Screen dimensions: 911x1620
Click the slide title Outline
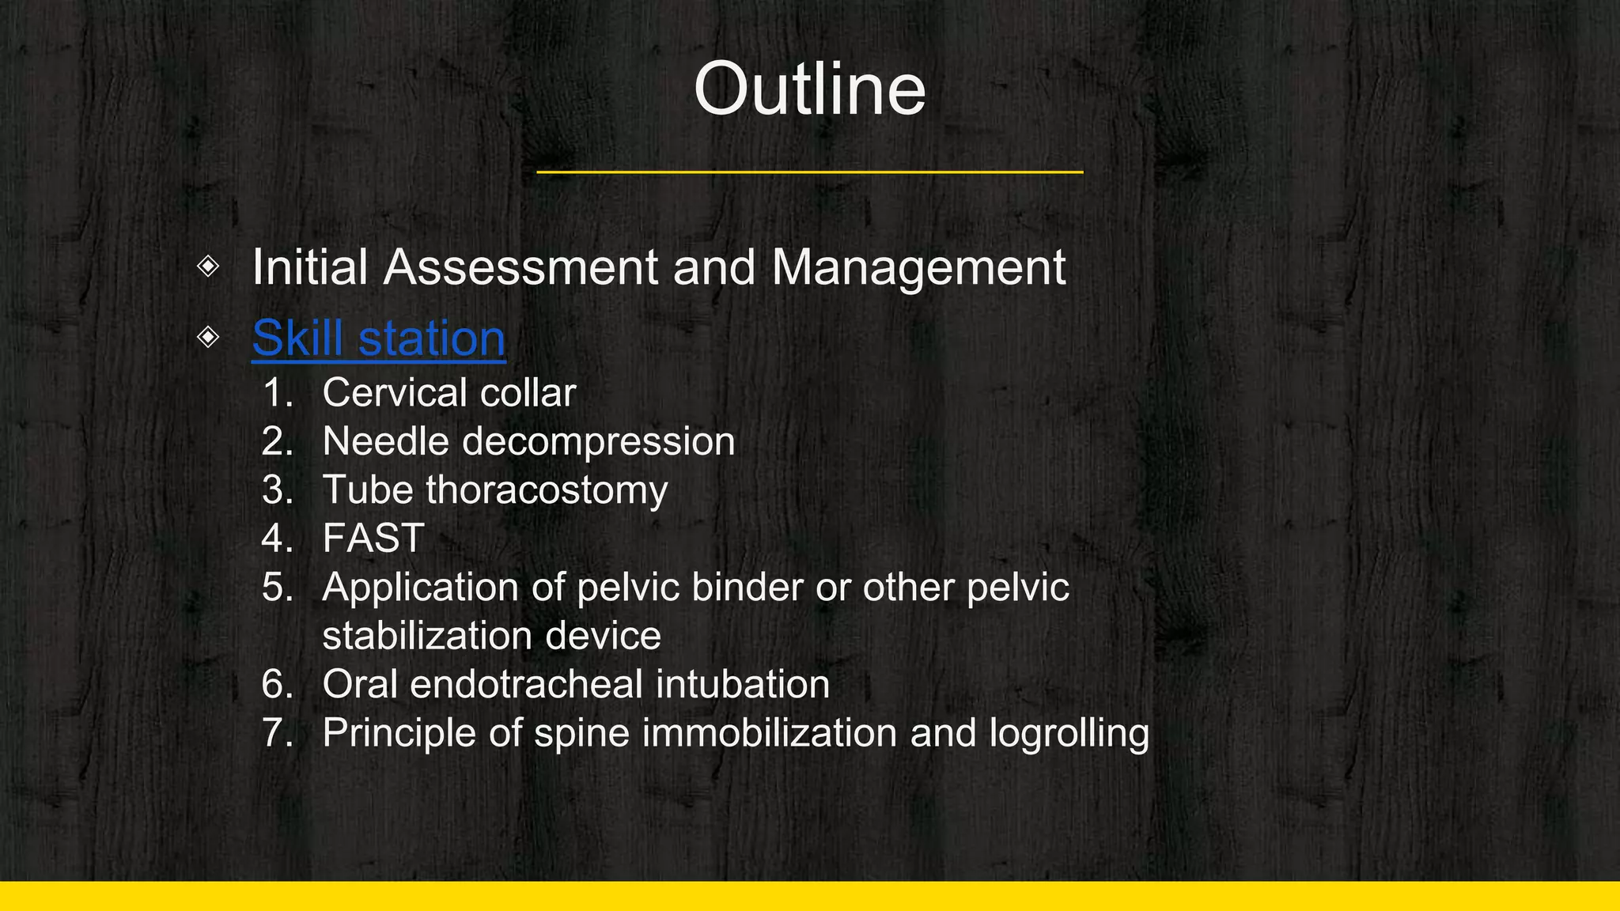coord(809,89)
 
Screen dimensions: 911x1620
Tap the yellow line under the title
coord(809,172)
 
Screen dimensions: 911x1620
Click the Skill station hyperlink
coord(378,338)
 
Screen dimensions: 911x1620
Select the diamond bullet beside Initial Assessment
coord(208,266)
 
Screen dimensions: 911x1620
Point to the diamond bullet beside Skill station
coord(208,337)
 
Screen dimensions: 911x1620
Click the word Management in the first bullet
coord(918,267)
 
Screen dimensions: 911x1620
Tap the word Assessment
coord(520,267)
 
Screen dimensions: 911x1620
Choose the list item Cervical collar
coord(449,393)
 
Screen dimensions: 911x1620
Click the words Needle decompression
coord(528,441)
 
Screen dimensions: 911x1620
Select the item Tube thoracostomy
coord(494,490)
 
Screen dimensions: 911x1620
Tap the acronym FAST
coord(373,539)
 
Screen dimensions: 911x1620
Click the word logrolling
coord(1069,733)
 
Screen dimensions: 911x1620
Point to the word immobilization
coord(770,733)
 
